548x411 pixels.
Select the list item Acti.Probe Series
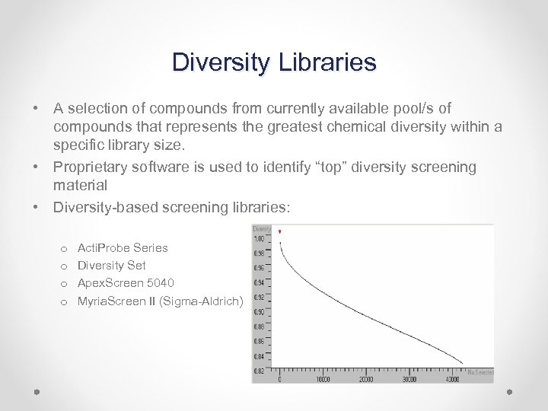point(123,247)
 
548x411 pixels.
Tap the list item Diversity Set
point(112,266)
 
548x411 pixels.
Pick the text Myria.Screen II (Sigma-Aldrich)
point(160,301)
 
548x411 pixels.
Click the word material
point(80,185)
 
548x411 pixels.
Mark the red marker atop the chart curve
point(280,231)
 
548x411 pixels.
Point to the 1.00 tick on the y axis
point(260,239)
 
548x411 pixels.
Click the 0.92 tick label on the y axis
point(260,298)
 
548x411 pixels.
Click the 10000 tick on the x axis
point(323,379)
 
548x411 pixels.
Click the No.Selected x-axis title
point(481,372)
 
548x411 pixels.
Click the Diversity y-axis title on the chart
point(262,228)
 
